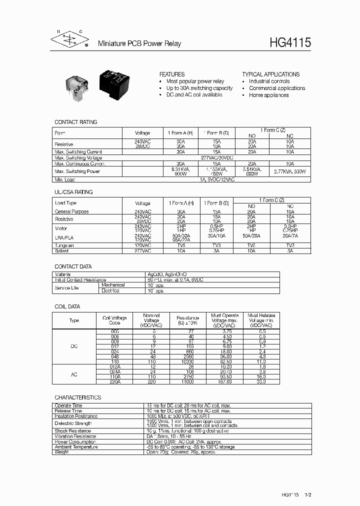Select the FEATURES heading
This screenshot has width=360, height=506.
(171, 74)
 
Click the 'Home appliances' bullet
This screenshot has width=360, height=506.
(268, 95)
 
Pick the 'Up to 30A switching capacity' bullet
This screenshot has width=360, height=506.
(199, 88)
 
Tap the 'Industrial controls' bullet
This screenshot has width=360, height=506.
(269, 81)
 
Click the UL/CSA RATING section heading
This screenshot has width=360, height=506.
(73, 192)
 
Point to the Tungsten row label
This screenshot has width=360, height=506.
(64, 245)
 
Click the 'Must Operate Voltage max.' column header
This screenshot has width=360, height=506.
(224, 320)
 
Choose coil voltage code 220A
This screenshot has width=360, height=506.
(115, 381)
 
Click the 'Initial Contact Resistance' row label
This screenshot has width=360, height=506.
(80, 279)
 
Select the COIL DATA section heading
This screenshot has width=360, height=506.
(67, 306)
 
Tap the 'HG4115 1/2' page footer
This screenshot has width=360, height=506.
(296, 493)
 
